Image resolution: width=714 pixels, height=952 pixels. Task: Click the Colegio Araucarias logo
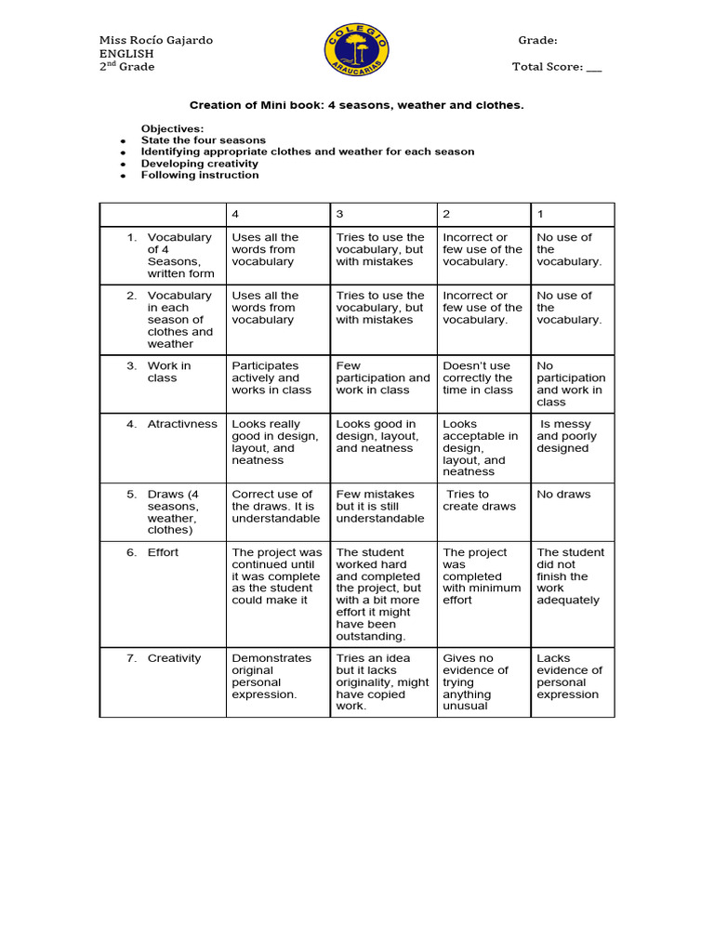(357, 52)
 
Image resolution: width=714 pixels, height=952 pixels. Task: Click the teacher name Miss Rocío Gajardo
(156, 40)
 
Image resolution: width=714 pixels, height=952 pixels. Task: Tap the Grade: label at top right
(537, 40)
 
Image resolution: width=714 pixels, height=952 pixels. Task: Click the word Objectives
(172, 128)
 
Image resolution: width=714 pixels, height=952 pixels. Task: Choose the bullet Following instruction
(200, 175)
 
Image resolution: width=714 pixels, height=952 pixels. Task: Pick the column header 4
(235, 214)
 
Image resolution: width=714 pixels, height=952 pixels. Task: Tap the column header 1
(540, 214)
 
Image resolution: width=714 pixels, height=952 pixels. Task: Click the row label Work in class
(168, 372)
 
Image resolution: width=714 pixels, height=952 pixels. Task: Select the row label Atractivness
(182, 424)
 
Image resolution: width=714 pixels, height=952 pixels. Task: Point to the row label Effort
(163, 552)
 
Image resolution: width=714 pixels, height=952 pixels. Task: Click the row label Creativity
(174, 658)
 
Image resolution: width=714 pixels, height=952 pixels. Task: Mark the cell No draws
(563, 495)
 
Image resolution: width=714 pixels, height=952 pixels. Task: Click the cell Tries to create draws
(479, 500)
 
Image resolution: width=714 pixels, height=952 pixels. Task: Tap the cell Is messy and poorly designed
(567, 436)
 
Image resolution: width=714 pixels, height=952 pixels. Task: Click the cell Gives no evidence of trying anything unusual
(476, 681)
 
